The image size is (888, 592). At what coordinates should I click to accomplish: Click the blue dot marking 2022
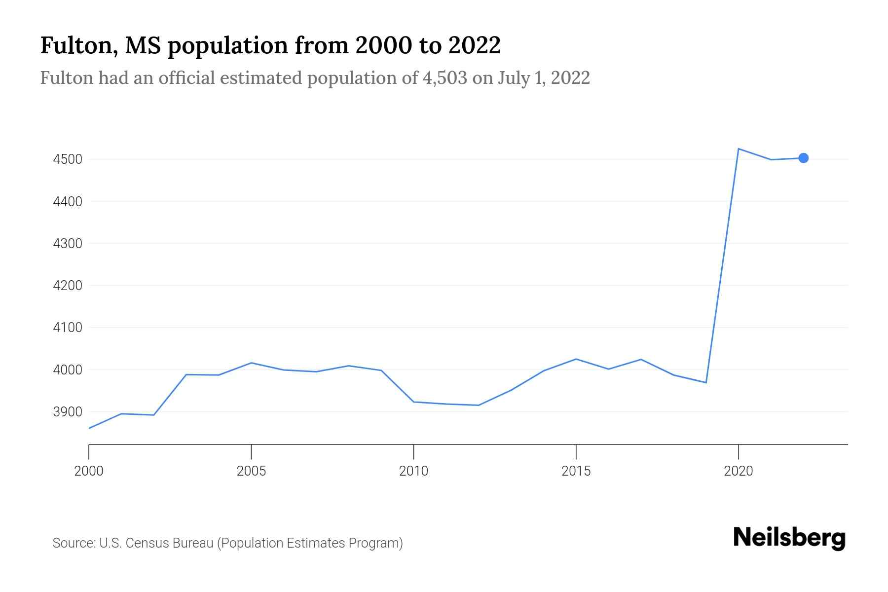[803, 158]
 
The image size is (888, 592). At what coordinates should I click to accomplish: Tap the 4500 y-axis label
[67, 160]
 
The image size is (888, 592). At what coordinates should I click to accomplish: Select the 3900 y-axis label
[67, 412]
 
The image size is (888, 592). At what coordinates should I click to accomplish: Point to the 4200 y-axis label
[67, 286]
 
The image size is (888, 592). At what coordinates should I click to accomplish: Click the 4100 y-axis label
[67, 328]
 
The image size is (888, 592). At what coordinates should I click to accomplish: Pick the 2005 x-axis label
[251, 471]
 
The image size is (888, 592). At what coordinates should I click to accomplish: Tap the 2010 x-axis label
[413, 471]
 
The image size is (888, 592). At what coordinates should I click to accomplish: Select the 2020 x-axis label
[738, 471]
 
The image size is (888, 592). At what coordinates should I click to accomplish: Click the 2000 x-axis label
[89, 471]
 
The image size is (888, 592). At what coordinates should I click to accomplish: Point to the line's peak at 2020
[738, 148]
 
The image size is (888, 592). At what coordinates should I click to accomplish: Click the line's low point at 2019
[706, 382]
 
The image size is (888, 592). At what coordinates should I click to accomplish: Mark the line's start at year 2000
[89, 428]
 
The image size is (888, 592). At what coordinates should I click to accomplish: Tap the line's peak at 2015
[576, 359]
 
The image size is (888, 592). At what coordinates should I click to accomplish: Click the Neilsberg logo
[789, 538]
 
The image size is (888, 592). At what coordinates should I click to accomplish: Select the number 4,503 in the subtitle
[444, 78]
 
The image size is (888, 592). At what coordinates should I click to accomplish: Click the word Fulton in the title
[79, 45]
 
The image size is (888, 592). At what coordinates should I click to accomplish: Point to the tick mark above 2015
[576, 450]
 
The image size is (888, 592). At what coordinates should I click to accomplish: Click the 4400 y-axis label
[67, 202]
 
